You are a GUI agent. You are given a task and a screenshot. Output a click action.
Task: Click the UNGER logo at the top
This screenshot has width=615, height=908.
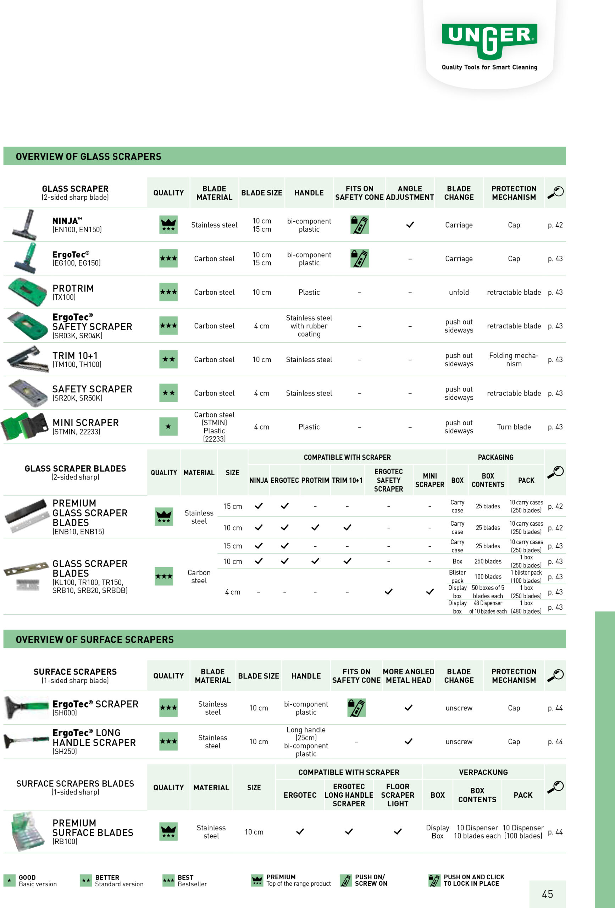(x=489, y=39)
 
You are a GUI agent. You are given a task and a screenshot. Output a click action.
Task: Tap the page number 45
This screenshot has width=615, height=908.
(x=547, y=894)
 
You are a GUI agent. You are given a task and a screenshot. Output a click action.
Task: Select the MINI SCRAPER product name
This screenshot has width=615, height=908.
(x=85, y=423)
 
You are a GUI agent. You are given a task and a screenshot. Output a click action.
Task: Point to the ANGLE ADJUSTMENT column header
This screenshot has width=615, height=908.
(x=410, y=193)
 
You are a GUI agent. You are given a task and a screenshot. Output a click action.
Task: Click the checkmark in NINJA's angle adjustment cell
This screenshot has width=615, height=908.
(x=410, y=225)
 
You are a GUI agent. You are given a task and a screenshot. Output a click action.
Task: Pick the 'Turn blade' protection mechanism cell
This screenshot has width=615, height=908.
(x=514, y=427)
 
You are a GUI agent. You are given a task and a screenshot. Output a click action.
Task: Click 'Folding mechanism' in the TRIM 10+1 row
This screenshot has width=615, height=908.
(x=514, y=359)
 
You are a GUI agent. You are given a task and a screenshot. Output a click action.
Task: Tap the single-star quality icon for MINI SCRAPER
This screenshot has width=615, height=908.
(x=168, y=427)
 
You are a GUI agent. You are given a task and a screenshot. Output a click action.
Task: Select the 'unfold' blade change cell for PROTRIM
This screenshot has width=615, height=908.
(x=459, y=292)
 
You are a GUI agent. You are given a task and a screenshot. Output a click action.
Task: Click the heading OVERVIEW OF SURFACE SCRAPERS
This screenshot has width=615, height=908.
(x=95, y=640)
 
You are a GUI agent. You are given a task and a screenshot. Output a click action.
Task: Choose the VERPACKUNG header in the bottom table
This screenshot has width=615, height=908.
(x=483, y=773)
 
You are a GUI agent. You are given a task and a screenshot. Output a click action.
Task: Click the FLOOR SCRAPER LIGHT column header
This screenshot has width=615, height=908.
(x=397, y=795)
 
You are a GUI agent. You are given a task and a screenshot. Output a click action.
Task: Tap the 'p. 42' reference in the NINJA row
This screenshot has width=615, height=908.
(x=555, y=225)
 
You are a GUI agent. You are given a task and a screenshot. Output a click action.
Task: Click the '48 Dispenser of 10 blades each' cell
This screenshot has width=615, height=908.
(x=488, y=607)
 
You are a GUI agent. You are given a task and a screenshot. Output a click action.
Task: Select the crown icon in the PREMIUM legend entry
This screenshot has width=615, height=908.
(x=257, y=880)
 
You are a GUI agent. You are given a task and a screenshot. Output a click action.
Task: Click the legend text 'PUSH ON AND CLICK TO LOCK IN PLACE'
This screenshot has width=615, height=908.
(x=473, y=880)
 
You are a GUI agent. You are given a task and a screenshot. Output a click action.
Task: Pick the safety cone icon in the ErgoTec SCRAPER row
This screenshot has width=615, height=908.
(x=356, y=708)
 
